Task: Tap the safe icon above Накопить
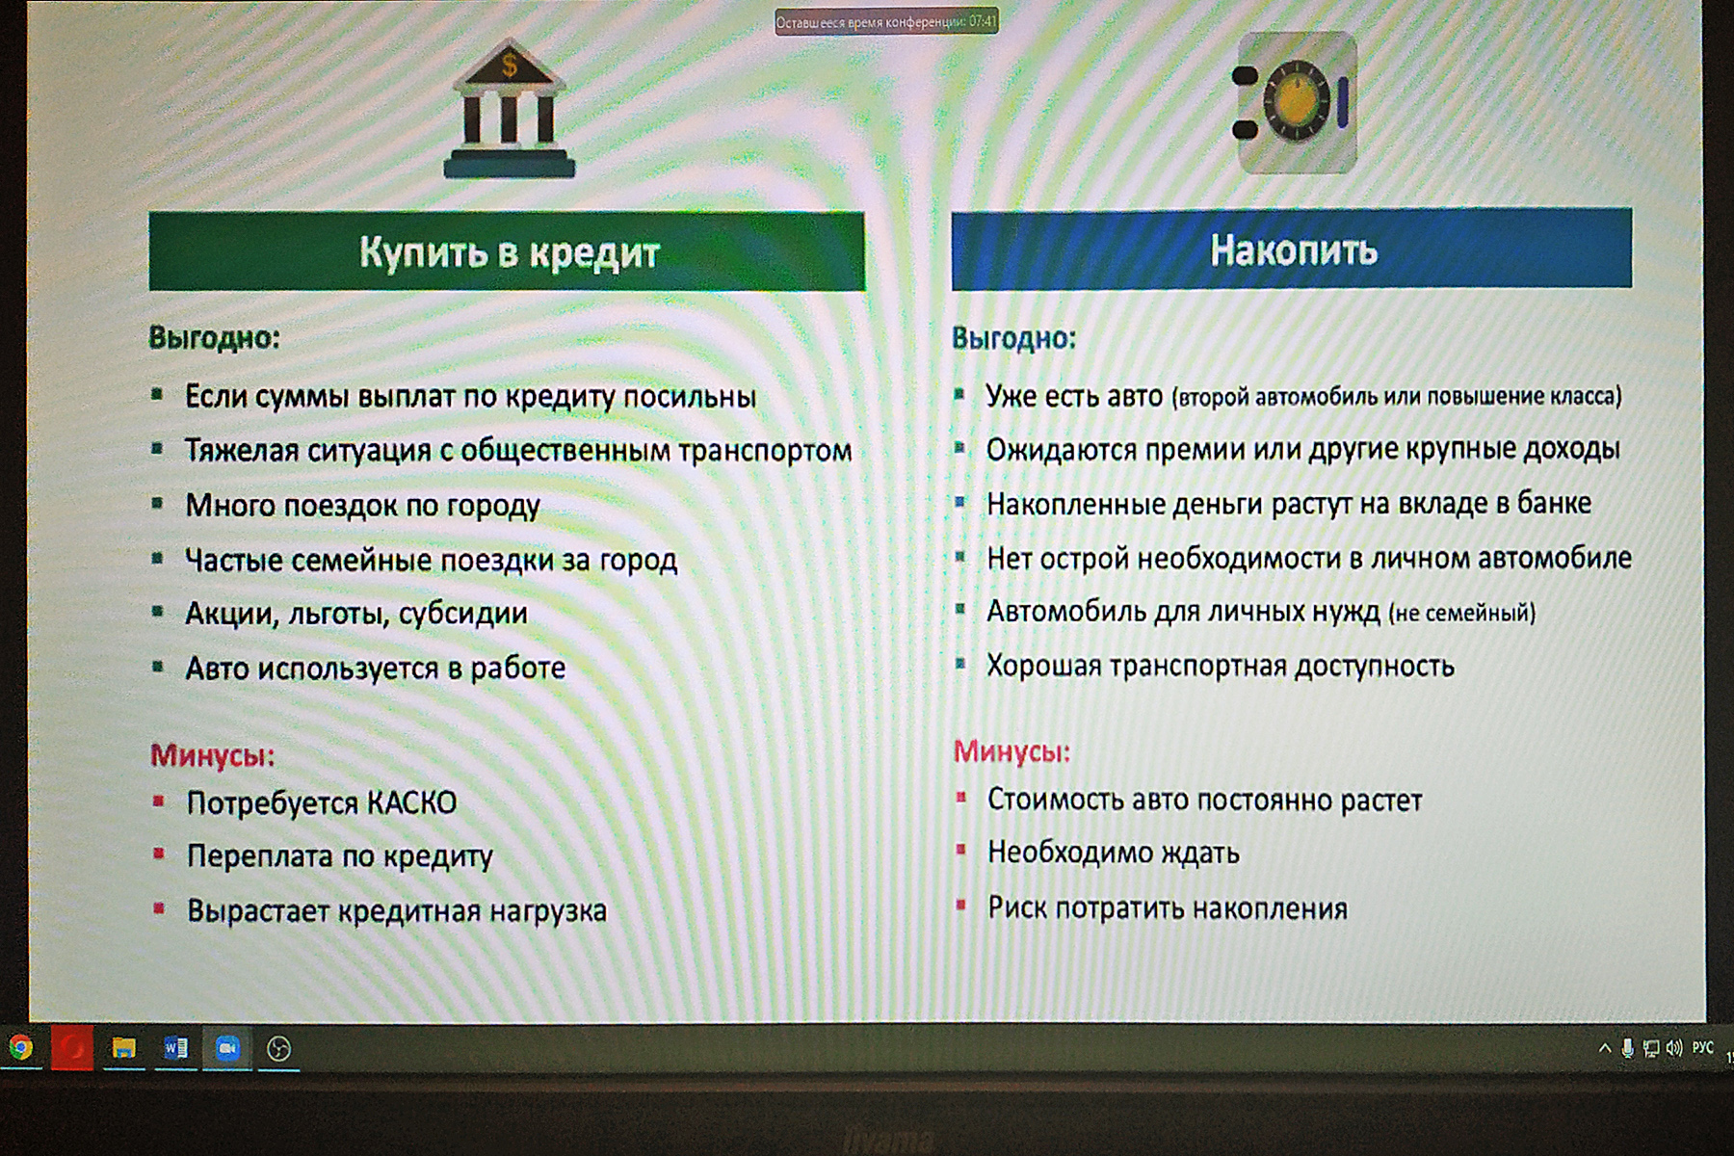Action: point(1297,103)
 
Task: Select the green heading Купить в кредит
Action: point(507,251)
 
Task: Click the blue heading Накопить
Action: point(1292,249)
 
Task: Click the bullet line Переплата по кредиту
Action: point(339,856)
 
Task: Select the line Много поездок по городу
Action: point(362,506)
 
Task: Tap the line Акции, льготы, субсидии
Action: point(356,614)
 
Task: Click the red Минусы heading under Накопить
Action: point(1011,751)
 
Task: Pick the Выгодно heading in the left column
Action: point(214,338)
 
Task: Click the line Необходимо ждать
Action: point(1113,853)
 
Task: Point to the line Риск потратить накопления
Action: point(1167,908)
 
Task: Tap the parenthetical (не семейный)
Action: point(1462,613)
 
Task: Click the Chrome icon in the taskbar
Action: point(20,1047)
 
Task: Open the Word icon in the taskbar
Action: point(175,1048)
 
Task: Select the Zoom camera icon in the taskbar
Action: point(227,1048)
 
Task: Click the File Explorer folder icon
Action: point(123,1048)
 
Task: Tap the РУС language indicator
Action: point(1703,1047)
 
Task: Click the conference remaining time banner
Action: point(886,21)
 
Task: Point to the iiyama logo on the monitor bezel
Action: point(887,1143)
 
